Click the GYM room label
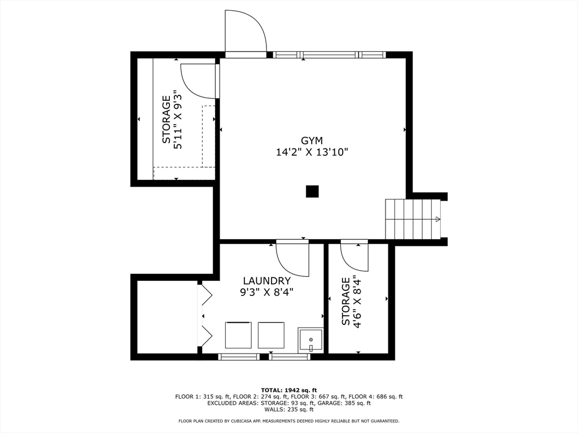(312, 140)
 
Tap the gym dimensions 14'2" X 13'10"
(312, 152)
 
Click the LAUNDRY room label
(266, 281)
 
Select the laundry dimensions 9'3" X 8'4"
(266, 292)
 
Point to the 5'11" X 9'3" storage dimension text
(178, 120)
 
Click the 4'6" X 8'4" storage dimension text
(357, 301)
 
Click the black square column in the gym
(312, 192)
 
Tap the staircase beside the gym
(412, 219)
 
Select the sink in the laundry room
(310, 341)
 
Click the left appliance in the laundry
(238, 335)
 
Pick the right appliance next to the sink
(271, 335)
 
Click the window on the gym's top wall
(330, 55)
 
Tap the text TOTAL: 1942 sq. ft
(288, 390)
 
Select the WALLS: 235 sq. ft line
(288, 409)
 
